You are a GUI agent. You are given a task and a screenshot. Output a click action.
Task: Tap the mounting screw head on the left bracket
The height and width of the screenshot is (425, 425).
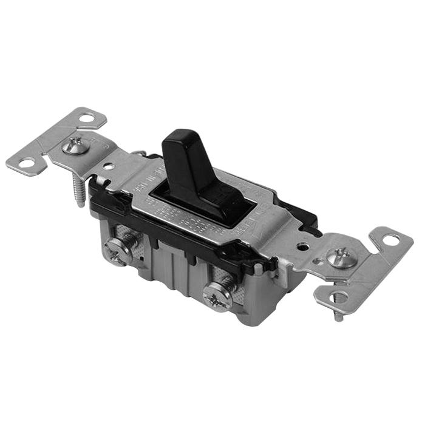(x=76, y=145)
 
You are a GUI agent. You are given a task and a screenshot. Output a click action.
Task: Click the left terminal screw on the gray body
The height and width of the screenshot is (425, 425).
(x=117, y=250)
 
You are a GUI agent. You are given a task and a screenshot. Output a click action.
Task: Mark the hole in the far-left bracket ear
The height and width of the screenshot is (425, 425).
(x=27, y=163)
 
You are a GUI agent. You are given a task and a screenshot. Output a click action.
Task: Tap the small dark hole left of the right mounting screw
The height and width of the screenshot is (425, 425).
(x=302, y=247)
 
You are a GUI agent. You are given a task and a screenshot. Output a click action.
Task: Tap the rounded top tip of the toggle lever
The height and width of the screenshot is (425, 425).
(x=177, y=135)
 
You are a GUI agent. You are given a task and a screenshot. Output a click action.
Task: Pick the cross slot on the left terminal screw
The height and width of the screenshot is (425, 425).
(x=117, y=250)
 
